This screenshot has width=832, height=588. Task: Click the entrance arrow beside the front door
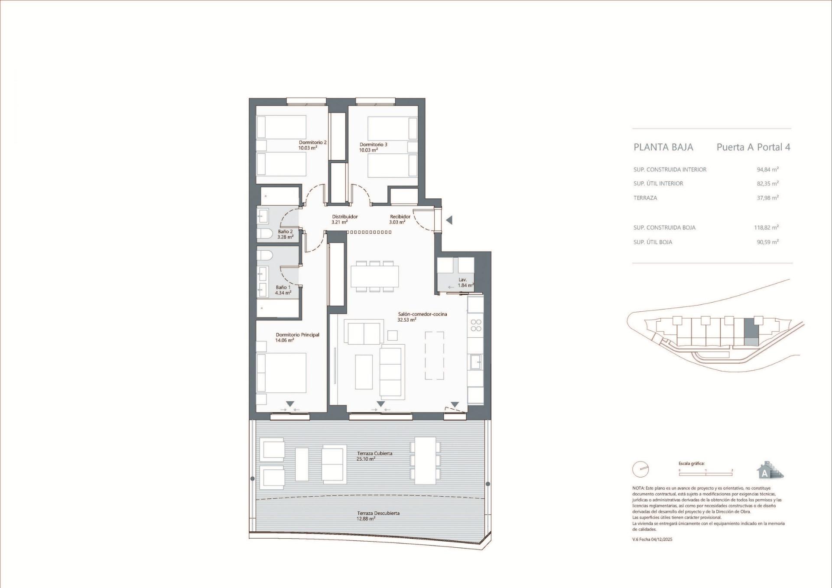coord(449,220)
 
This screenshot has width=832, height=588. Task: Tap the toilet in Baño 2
coord(264,234)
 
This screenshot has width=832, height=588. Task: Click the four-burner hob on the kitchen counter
coord(476,325)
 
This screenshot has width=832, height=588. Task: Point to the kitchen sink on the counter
coord(475,362)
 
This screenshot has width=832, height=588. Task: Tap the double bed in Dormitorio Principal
coord(282,373)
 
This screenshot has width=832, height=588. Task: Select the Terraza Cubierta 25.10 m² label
coord(374,456)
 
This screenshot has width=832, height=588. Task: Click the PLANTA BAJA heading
coord(663,147)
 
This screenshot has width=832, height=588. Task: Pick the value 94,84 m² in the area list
coord(767,170)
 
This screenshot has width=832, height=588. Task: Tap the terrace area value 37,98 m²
coord(767,198)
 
